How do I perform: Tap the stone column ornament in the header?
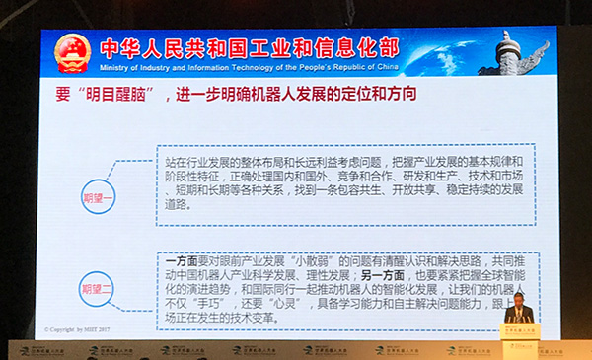(x=513, y=52)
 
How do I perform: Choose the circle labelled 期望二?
(x=100, y=289)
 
